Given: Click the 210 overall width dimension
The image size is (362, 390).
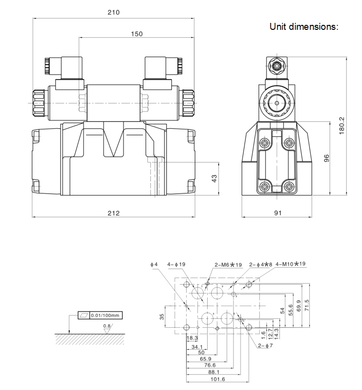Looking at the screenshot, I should (114, 12).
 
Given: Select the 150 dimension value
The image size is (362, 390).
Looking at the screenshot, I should (137, 34).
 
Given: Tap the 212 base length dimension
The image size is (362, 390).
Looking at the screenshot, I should (114, 213).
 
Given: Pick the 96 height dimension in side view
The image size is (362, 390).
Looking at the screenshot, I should (326, 158).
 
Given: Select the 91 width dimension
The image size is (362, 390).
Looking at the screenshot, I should (278, 213).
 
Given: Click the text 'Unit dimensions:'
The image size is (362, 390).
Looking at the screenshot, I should (304, 26).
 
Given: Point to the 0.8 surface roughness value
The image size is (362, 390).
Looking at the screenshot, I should (107, 326).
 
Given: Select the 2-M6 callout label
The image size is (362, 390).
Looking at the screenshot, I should (228, 264).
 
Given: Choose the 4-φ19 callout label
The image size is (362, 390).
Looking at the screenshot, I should (176, 264).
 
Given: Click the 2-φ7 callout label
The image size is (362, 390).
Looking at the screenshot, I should (265, 345).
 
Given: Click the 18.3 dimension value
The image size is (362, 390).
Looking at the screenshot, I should (193, 338).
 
